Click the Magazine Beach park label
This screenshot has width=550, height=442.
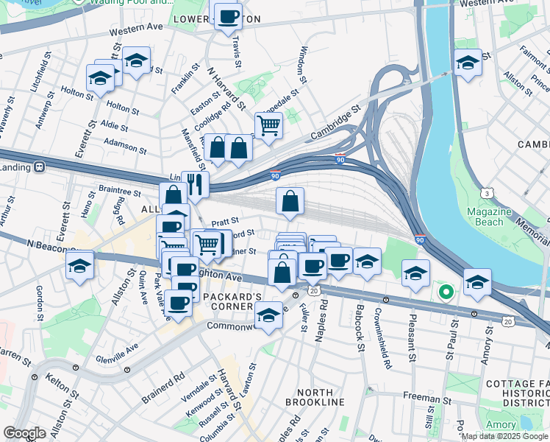click(x=489, y=217)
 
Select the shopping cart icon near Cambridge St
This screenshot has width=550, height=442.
click(x=268, y=125)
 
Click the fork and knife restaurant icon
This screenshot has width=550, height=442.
click(x=195, y=183)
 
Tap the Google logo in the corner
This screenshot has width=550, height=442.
click(x=24, y=433)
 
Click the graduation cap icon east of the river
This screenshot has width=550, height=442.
click(x=467, y=63)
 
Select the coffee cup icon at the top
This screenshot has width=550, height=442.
click(x=227, y=15)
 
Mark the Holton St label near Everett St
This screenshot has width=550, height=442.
click(x=74, y=92)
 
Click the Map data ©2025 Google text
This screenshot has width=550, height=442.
click(x=505, y=436)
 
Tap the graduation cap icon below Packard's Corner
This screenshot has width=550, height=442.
click(x=268, y=316)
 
